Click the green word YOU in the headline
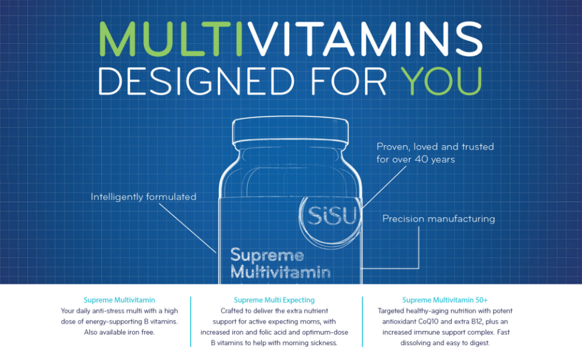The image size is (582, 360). (x=442, y=80)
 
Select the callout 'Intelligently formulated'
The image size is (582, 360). (x=143, y=197)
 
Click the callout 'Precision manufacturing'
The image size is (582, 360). (x=439, y=219)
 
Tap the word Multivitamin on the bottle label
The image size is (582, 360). (x=281, y=272)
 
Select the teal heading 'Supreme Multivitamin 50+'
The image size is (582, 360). (x=445, y=300)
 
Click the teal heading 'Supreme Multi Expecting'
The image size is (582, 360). (x=274, y=300)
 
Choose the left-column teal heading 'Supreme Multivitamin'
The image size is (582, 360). (x=119, y=300)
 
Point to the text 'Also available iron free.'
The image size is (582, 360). (x=119, y=332)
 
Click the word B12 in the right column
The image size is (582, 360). (x=474, y=322)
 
